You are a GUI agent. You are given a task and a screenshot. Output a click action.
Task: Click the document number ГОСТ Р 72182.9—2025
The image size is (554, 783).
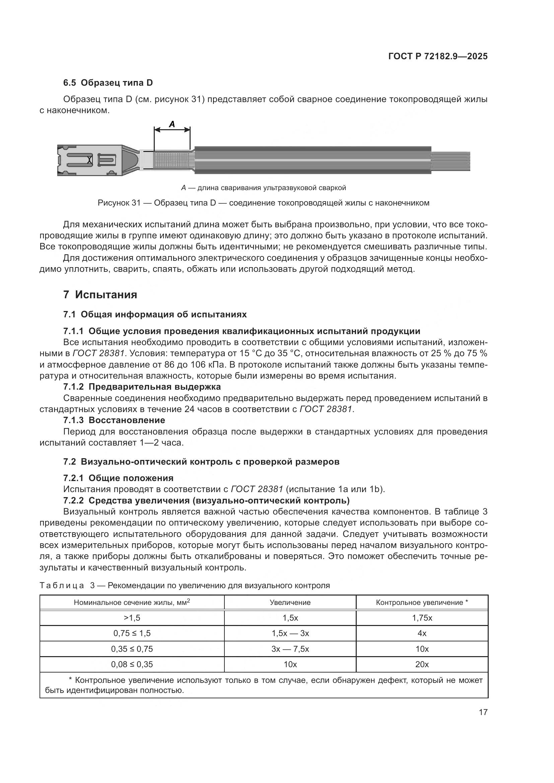pos(438,56)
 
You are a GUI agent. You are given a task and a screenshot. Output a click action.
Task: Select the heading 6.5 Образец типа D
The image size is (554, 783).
pos(108,83)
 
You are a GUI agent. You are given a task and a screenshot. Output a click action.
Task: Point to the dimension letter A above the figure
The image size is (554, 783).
pos(172,125)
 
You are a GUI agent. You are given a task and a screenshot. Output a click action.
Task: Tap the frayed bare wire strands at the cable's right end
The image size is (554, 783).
pos(451,161)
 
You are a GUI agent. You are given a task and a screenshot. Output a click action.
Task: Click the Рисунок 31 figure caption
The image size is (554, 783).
pos(263,203)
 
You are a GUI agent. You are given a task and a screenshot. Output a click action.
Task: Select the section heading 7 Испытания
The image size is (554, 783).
pos(100,295)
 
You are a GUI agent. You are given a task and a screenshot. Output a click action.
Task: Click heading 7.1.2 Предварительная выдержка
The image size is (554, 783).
pos(142,387)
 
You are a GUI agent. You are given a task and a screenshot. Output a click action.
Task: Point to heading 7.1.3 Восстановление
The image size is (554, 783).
pos(114,420)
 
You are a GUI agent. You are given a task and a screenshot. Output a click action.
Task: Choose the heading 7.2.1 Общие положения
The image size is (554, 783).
pos(118,478)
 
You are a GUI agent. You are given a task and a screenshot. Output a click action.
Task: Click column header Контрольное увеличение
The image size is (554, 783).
pos(422,603)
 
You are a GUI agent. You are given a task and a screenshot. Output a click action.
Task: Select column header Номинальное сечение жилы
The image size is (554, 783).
pos(132,603)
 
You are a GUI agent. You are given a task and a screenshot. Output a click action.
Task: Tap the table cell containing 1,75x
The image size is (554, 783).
pos(422,618)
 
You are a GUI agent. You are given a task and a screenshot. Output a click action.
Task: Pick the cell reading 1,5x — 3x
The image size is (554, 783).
pos(290,633)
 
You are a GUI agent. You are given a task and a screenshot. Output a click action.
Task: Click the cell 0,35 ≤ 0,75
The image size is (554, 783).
pos(132,649)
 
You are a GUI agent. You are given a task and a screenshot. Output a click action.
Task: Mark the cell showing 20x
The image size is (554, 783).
pos(422,664)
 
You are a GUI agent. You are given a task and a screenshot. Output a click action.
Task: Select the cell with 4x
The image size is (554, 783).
pos(422,633)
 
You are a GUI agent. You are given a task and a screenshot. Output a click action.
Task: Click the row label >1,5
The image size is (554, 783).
pos(132,618)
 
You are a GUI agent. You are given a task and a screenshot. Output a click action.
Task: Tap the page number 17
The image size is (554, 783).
pos(483,712)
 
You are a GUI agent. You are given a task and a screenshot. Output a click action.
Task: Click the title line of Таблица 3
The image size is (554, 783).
pos(185,586)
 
